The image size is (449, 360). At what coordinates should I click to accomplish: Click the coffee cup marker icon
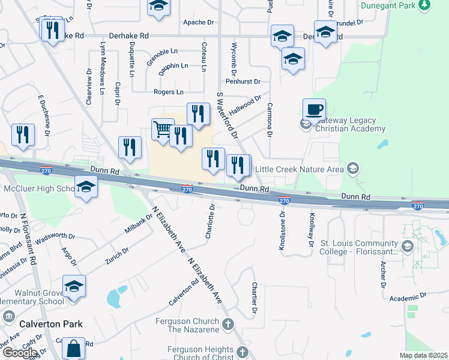click(x=314, y=110)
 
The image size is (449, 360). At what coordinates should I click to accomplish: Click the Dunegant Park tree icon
click(x=425, y=5)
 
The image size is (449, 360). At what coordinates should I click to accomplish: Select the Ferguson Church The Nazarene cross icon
click(x=228, y=325)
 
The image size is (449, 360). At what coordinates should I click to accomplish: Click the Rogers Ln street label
click(x=169, y=92)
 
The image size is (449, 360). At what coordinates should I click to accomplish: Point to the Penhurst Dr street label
click(x=243, y=81)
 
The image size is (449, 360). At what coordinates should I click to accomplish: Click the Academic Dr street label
click(x=407, y=297)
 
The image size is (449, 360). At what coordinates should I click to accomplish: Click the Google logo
click(x=19, y=352)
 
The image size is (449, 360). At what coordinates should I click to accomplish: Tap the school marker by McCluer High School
click(x=86, y=187)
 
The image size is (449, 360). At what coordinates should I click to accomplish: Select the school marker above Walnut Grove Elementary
click(x=74, y=286)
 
